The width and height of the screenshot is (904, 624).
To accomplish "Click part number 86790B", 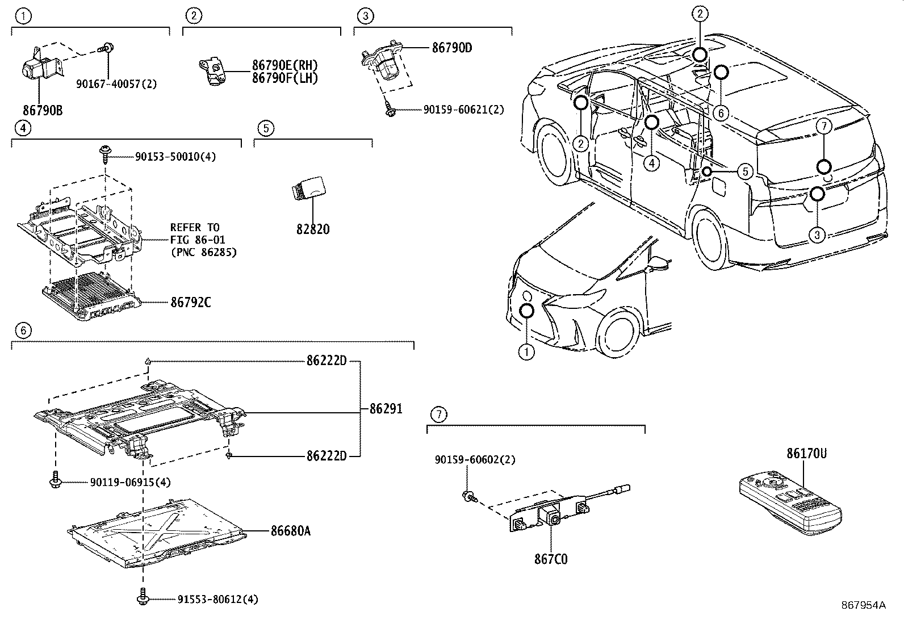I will (43, 110).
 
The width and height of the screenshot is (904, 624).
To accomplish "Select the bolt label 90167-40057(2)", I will (116, 84).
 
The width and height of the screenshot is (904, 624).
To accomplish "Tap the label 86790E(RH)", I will (285, 65).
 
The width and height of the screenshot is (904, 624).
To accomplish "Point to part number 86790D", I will (451, 48).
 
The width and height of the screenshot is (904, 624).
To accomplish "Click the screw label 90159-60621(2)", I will (463, 110).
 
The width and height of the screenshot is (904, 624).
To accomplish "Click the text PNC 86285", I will (203, 252).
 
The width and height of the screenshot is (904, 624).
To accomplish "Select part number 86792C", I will (190, 303).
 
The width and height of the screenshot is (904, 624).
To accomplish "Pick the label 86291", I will (386, 408).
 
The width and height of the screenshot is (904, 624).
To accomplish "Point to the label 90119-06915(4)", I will (130, 482).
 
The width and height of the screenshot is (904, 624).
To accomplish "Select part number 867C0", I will (550, 559).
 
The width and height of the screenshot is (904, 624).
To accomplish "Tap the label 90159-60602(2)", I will (475, 460).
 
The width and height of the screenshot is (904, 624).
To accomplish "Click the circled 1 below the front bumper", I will (526, 353).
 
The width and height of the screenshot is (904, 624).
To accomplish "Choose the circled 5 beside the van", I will (745, 171).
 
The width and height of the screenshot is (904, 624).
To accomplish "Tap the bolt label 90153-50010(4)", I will (175, 157).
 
